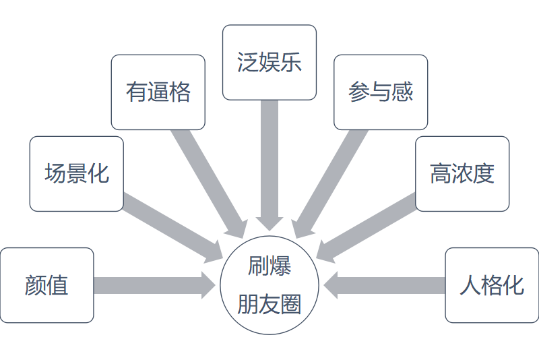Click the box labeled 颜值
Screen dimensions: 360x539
click(x=46, y=285)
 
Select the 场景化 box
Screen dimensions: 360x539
click(x=76, y=174)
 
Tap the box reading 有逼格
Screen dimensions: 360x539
click(x=158, y=92)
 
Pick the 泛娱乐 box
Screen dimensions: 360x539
click(x=269, y=63)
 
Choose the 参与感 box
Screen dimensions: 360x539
click(x=381, y=92)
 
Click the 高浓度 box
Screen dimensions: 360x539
click(x=462, y=174)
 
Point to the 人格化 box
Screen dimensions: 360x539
click(x=492, y=285)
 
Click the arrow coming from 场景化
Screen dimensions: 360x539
click(x=172, y=225)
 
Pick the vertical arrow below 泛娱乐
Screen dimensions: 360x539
click(x=269, y=162)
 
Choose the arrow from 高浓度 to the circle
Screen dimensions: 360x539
click(x=367, y=225)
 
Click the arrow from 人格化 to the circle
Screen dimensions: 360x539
click(x=384, y=285)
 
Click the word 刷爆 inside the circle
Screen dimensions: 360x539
click(x=269, y=267)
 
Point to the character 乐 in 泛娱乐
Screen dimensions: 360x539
click(x=291, y=63)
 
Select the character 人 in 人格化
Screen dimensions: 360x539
click(x=470, y=285)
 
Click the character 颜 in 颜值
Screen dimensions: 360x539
click(x=36, y=285)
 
